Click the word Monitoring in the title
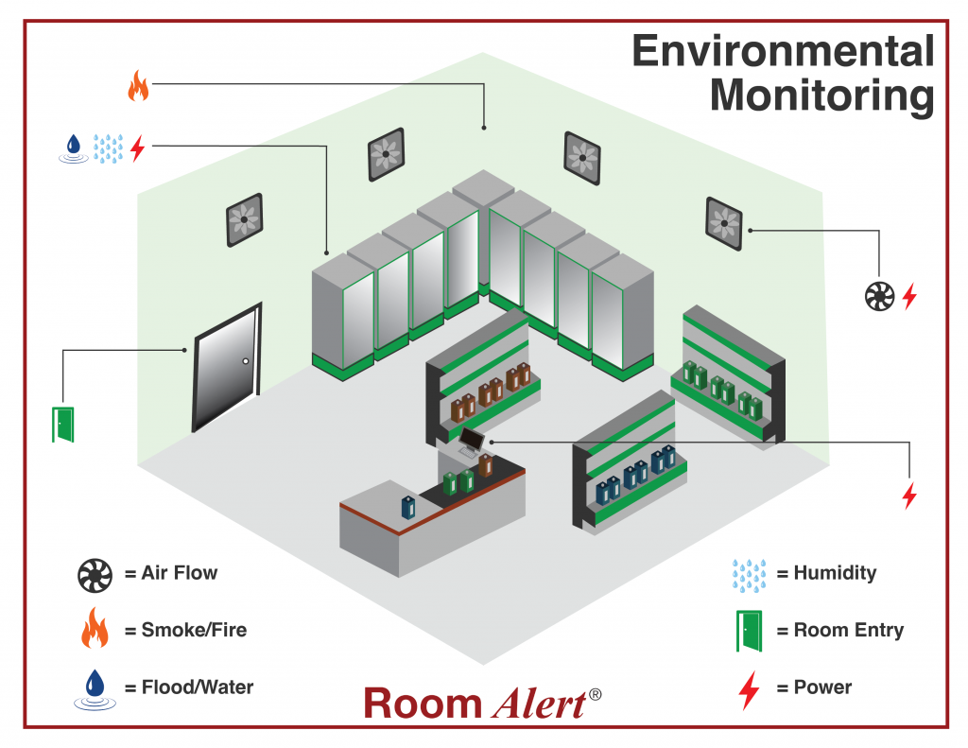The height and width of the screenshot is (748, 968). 821,96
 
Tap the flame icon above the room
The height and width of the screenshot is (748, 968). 138,87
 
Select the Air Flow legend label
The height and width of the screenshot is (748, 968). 179,573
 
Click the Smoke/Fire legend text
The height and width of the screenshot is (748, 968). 193,630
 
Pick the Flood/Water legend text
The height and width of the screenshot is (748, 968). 197,687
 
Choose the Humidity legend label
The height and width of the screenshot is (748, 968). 834,573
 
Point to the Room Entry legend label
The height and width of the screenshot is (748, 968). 848,631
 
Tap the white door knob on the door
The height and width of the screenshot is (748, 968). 245,361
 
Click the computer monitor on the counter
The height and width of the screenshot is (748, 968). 472,438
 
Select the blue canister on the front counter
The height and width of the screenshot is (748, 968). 407,506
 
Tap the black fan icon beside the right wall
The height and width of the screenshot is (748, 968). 879,297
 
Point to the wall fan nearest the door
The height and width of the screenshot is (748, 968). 244,220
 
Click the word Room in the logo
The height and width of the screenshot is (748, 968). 423,704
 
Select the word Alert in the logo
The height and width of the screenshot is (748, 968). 538,704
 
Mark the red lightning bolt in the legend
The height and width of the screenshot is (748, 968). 749,689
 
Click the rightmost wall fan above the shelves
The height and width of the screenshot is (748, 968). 725,223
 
